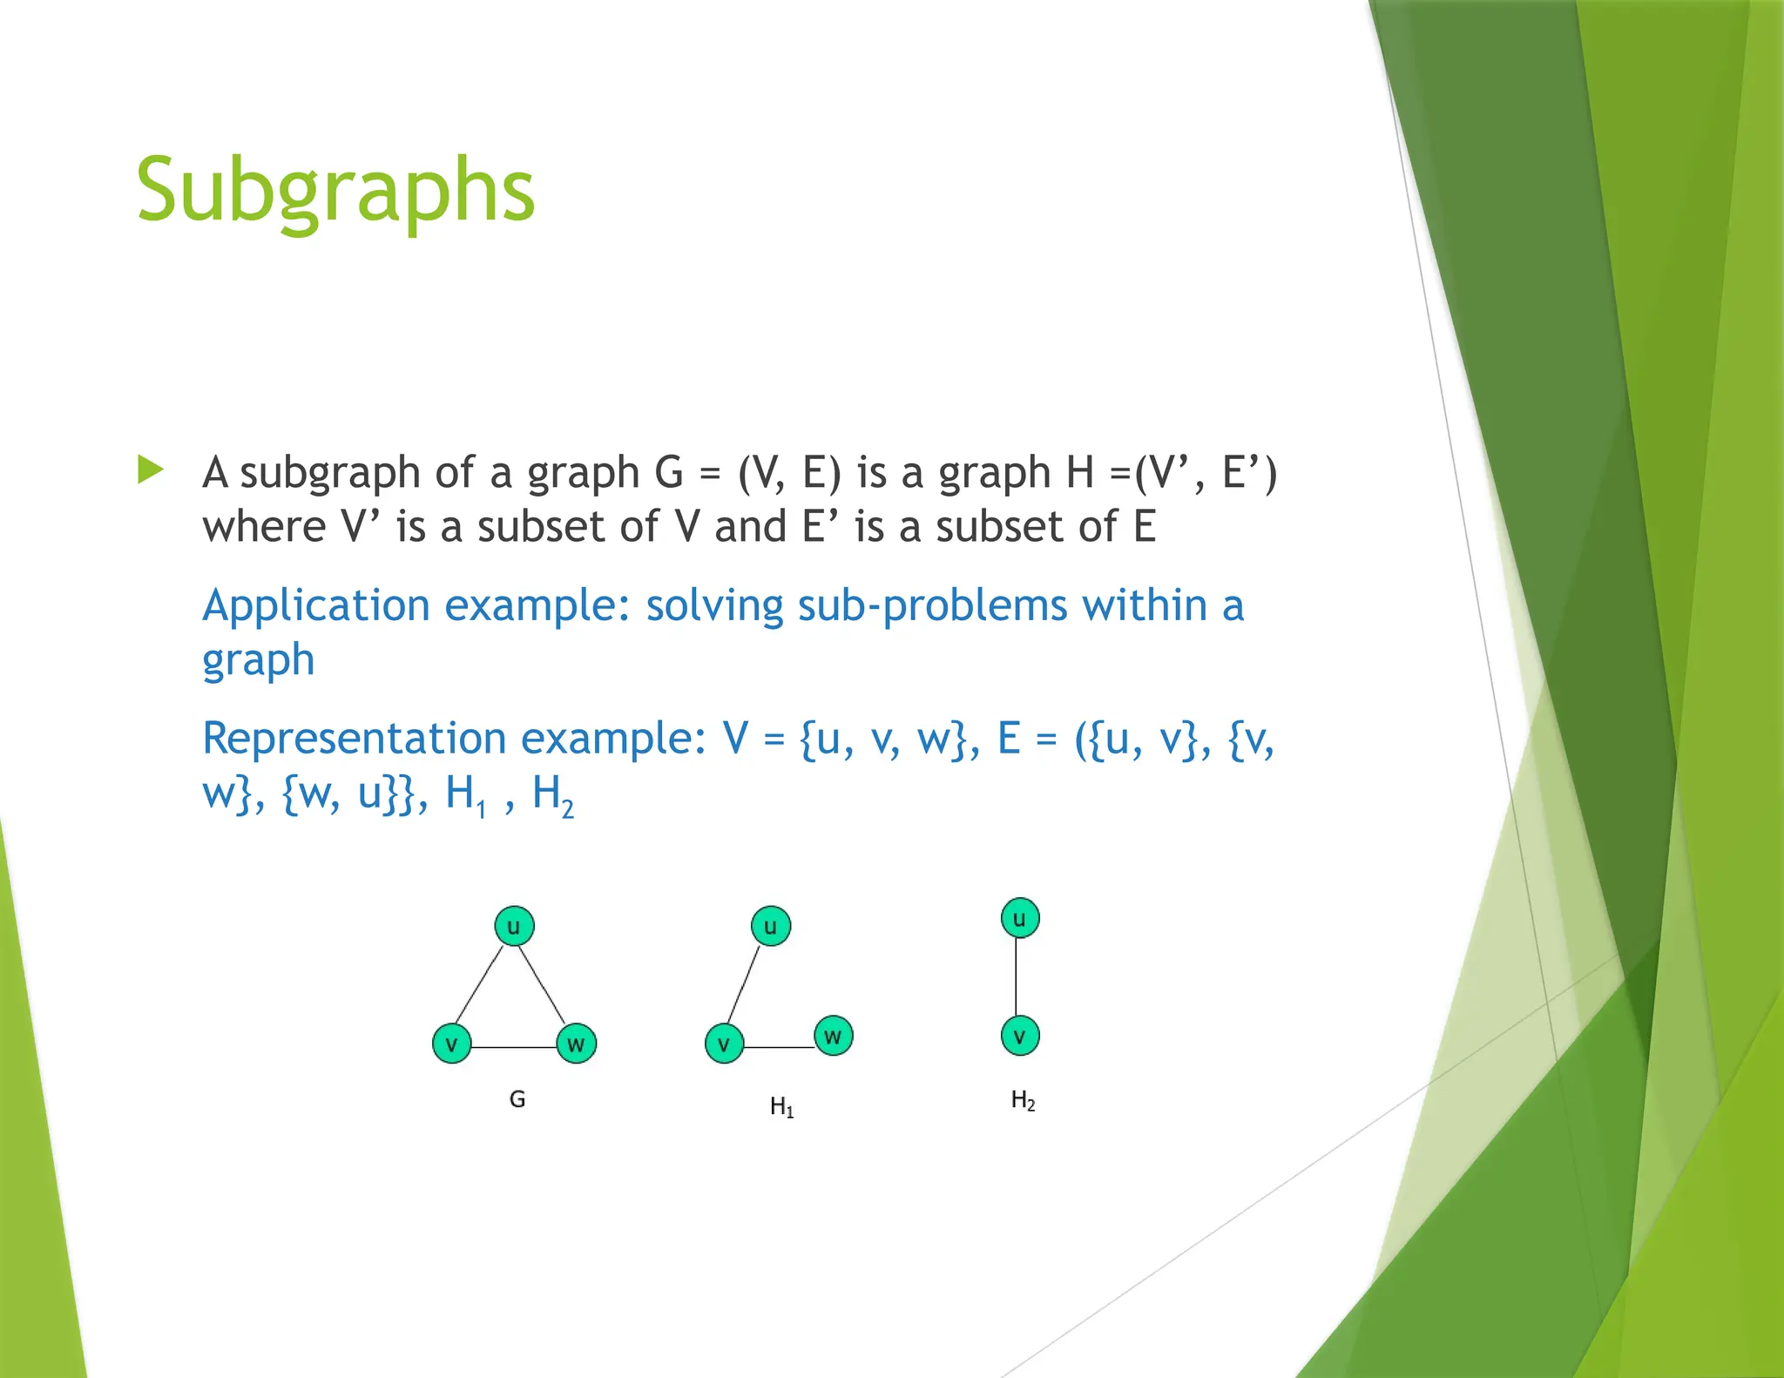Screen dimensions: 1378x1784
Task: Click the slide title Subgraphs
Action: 335,191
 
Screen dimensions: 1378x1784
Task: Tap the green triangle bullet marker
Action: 151,470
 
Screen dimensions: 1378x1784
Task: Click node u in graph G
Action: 514,926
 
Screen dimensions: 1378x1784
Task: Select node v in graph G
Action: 451,1044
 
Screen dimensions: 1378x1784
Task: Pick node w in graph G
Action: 576,1044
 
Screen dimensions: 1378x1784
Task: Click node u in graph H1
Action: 770,926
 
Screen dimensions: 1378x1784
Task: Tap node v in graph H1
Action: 724,1044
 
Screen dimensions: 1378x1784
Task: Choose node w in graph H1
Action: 833,1036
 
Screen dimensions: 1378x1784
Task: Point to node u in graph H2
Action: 1019,918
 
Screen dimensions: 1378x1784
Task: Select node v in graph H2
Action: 1019,1036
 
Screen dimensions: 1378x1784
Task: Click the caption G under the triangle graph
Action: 517,1099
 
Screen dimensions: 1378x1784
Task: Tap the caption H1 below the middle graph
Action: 781,1107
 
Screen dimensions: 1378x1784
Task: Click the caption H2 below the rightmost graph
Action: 1023,1101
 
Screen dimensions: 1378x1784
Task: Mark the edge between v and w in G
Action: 514,1046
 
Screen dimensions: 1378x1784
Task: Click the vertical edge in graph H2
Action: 1017,977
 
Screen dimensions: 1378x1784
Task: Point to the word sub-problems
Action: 933,606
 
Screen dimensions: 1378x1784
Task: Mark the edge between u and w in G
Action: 544,984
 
